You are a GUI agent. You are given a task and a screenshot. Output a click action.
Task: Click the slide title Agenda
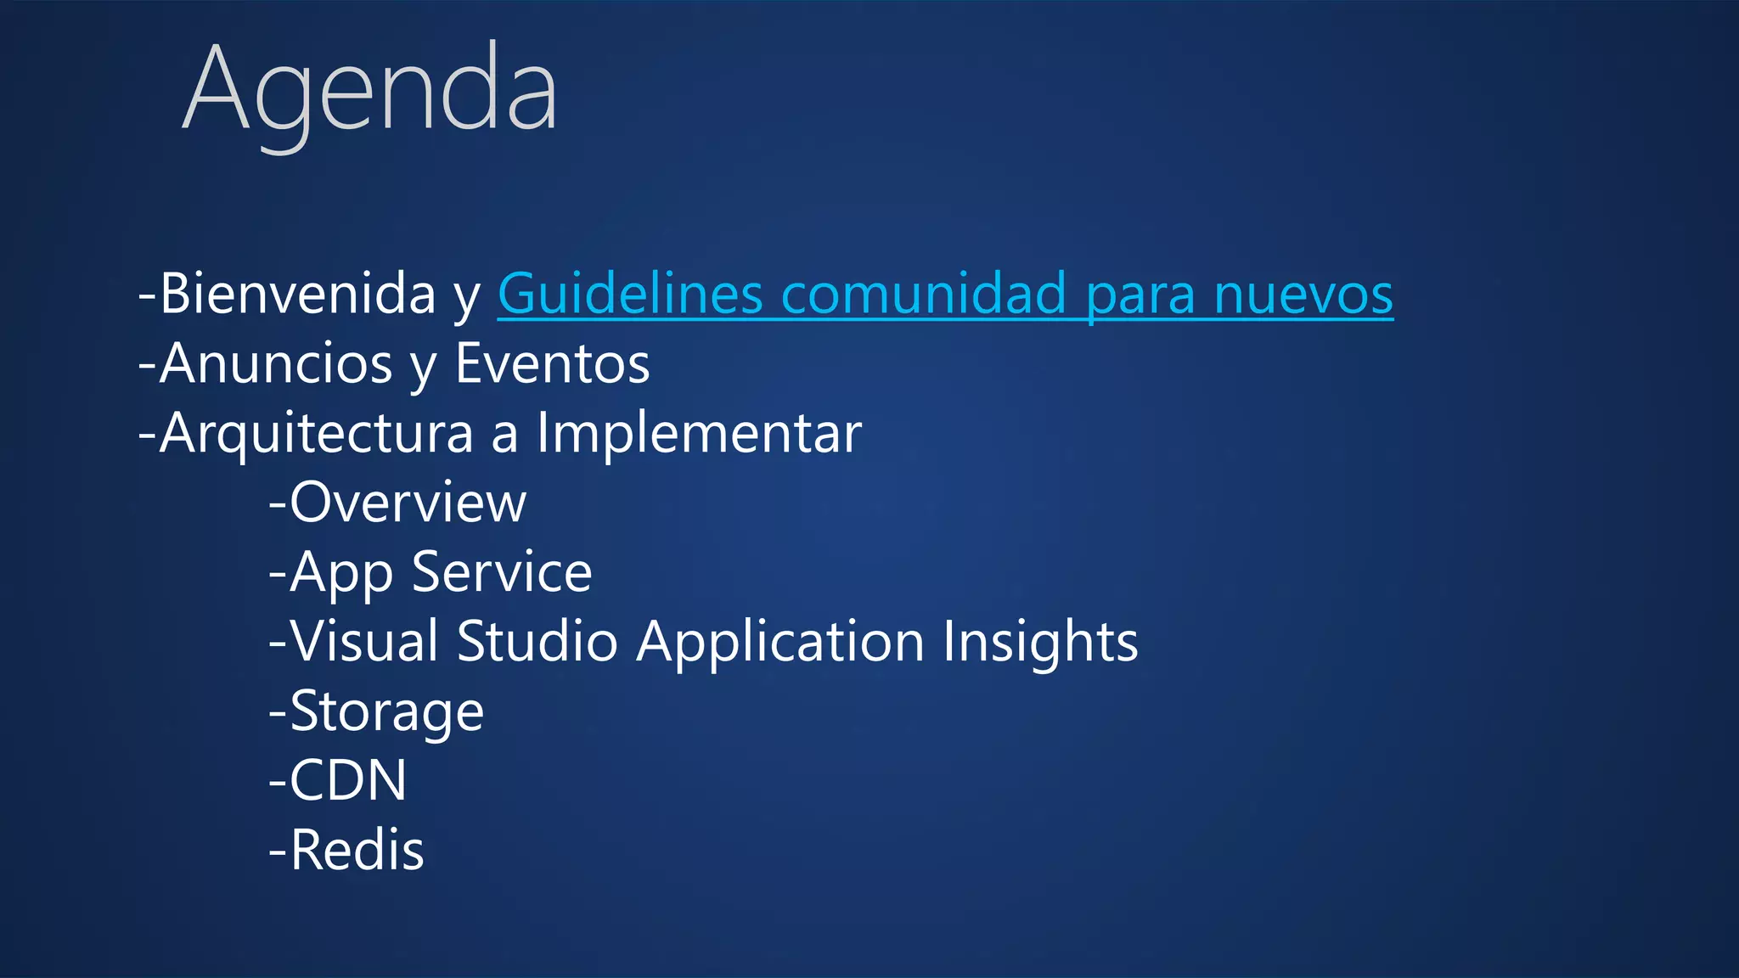(x=370, y=90)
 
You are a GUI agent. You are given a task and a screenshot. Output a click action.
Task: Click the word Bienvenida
(x=297, y=294)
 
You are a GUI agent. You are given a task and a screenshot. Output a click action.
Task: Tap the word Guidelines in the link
(x=630, y=294)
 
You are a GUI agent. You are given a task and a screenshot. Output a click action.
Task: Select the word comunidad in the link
(x=923, y=294)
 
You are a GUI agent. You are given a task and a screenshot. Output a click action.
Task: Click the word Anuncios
(x=275, y=363)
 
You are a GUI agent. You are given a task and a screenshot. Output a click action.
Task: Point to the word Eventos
(x=552, y=363)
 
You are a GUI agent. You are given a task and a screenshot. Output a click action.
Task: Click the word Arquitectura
(x=316, y=433)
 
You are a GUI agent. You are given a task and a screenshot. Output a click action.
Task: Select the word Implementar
(x=699, y=433)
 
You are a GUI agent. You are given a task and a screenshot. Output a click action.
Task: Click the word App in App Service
(x=341, y=572)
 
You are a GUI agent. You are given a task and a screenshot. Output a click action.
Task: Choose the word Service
(x=502, y=572)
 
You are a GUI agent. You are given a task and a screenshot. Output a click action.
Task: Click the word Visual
(x=364, y=641)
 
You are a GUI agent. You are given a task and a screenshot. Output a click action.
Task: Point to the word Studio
(x=537, y=641)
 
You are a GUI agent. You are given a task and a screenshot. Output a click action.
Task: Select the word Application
(x=780, y=641)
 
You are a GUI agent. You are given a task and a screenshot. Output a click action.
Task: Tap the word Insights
(x=1040, y=641)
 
